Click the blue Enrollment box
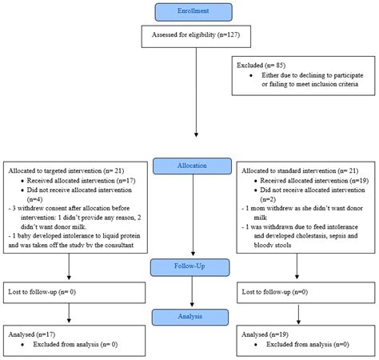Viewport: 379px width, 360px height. click(194, 12)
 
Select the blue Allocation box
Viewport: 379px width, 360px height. click(194, 166)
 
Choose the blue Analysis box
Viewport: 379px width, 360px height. click(194, 318)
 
